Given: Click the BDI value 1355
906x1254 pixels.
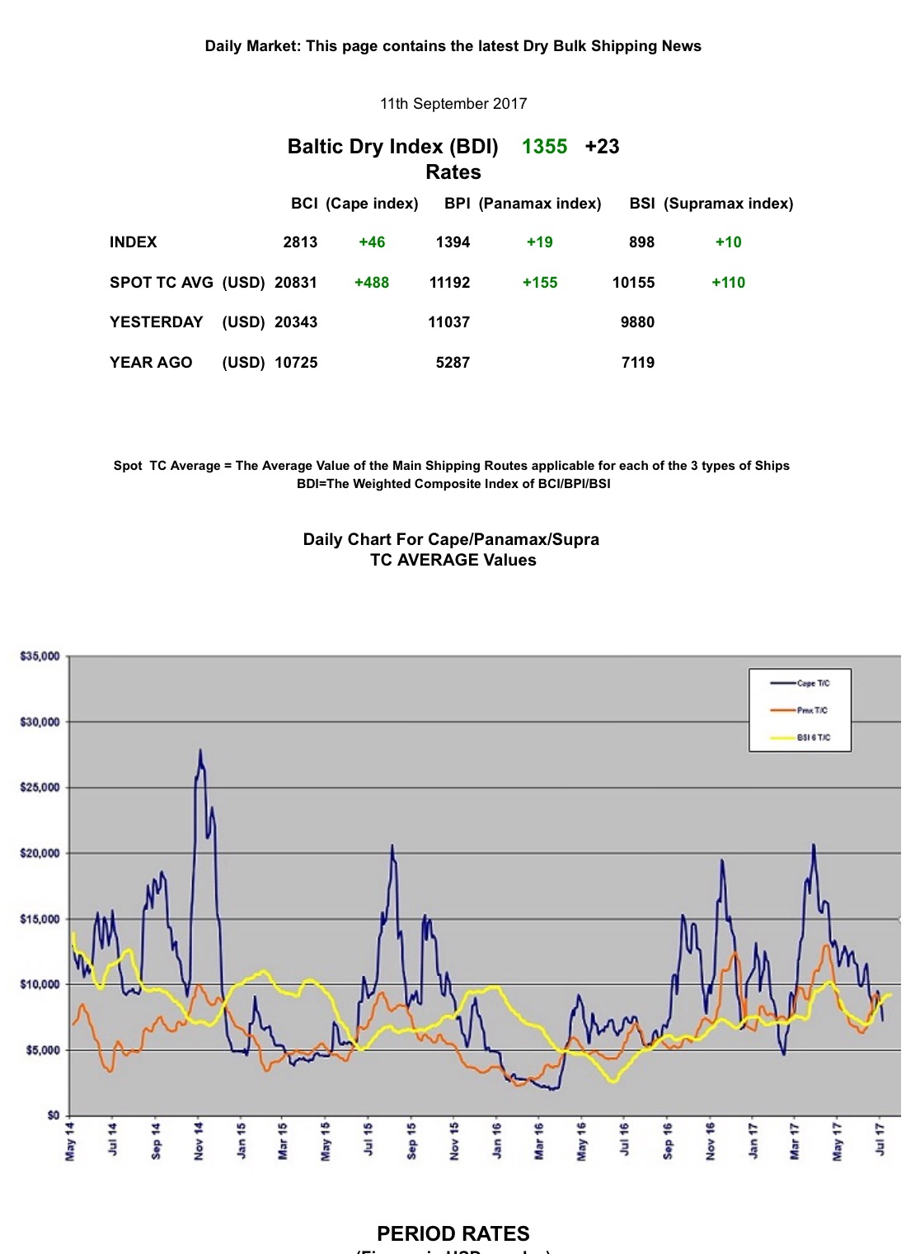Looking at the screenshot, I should (544, 147).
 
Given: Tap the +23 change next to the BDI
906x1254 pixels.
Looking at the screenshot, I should (602, 147).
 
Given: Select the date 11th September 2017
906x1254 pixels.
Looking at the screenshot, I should (453, 104).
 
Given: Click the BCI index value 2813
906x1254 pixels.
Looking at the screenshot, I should (300, 242).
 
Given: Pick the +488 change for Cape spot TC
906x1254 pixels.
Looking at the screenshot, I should (371, 283).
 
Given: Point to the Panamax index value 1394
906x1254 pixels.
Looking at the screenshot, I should (453, 242).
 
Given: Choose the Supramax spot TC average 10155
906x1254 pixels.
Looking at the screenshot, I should (633, 283).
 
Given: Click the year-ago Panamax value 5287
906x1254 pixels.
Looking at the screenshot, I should (453, 363).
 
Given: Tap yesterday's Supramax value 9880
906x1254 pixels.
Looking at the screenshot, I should (637, 322).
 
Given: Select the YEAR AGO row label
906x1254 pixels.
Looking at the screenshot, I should (151, 363).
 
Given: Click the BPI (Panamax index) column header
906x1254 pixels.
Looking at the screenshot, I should (523, 204).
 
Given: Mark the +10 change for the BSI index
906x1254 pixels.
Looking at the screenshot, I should (728, 242).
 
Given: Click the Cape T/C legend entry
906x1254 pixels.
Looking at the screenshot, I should (812, 683).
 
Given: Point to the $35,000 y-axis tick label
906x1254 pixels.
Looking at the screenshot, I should (40, 656).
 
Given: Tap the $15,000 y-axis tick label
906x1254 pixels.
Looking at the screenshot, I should (40, 919).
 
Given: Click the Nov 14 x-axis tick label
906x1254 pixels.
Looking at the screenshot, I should (199, 1141).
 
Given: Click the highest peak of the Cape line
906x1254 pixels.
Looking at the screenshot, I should (200, 750).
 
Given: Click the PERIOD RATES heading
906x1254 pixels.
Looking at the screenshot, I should (453, 1233).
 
